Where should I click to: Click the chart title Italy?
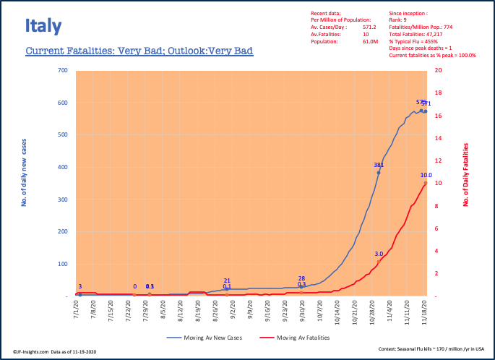tap(43, 27)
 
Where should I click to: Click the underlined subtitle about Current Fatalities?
tap(139, 51)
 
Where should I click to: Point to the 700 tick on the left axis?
tap(62, 71)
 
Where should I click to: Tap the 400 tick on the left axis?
tap(62, 167)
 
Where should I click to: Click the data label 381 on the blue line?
tap(378, 166)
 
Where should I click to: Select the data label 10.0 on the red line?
tap(426, 175)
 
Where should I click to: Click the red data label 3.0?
tap(379, 254)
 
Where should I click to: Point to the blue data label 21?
tap(227, 280)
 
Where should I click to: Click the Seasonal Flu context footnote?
tap(432, 349)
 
